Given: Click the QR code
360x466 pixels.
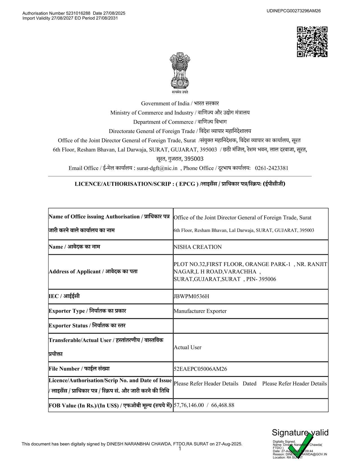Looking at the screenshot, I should pyautogui.click(x=312, y=42).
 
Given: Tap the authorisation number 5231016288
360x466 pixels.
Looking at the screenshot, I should pyautogui.click(x=78, y=13).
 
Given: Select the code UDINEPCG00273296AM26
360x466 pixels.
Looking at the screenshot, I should pyautogui.click(x=293, y=11).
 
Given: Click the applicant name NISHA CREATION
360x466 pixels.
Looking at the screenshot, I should pyautogui.click(x=198, y=247).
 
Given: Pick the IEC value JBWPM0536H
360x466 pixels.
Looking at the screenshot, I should pyautogui.click(x=191, y=296).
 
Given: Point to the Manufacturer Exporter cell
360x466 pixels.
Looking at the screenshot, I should pyautogui.click(x=200, y=311).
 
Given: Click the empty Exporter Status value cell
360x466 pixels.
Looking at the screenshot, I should pyautogui.click(x=250, y=326).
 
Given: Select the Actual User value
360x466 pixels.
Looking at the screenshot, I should pyautogui.click(x=187, y=347).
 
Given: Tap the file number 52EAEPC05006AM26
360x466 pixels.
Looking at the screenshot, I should pyautogui.click(x=200, y=369).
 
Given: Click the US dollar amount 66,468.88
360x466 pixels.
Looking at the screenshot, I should pyautogui.click(x=222, y=405).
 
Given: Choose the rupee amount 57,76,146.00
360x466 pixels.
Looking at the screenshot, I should pyautogui.click(x=189, y=405).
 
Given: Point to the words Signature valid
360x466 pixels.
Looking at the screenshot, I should pyautogui.click(x=300, y=433).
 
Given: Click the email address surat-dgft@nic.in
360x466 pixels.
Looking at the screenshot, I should pyautogui.click(x=157, y=168).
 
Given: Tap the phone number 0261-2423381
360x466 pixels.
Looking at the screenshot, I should pyautogui.click(x=271, y=168).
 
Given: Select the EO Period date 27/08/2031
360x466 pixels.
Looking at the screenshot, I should pyautogui.click(x=107, y=18).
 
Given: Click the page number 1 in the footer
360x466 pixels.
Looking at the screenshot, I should pyautogui.click(x=180, y=449).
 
